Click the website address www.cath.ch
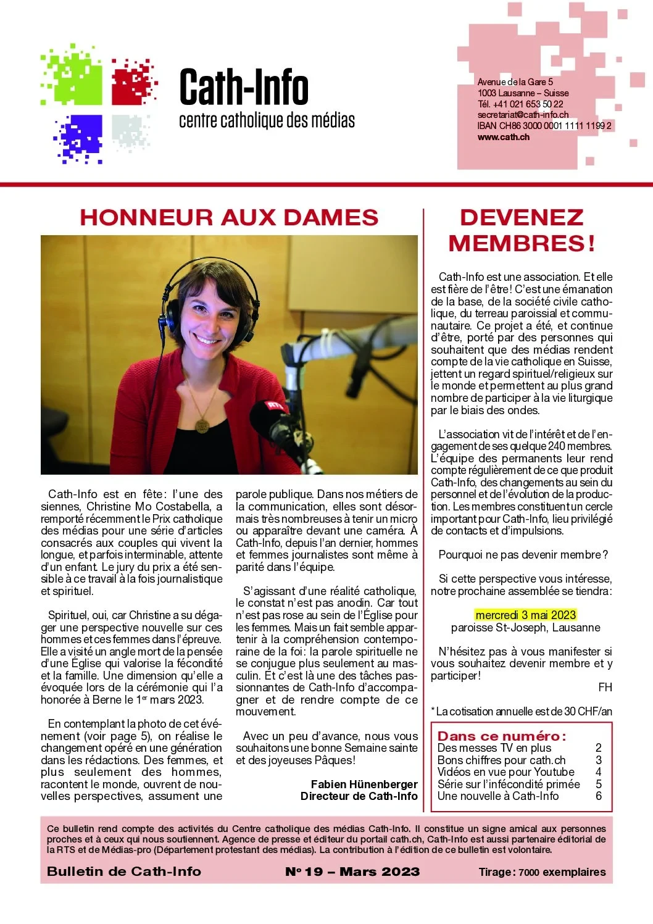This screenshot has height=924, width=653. pos(503,137)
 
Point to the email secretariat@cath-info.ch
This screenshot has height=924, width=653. pos(523,115)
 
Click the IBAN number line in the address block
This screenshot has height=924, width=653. pos(544,126)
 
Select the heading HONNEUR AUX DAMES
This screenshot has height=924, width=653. pos(229,217)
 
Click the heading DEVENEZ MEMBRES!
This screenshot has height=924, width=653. pos(522,230)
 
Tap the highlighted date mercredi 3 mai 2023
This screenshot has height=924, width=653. pos(525,615)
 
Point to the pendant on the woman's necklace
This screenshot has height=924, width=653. pos(202,425)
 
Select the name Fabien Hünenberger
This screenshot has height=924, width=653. pos(364,784)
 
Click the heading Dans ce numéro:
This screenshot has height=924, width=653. pos(501,736)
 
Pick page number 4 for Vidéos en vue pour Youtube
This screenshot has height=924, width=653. pos(598,772)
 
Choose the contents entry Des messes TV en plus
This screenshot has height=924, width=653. pos(494,748)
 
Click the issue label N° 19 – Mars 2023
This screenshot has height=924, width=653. pos(352,872)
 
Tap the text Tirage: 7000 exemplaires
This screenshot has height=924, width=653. pos(542,872)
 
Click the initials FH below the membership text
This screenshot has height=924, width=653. pos(605,688)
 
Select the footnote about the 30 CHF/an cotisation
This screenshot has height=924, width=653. pos(522,712)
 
